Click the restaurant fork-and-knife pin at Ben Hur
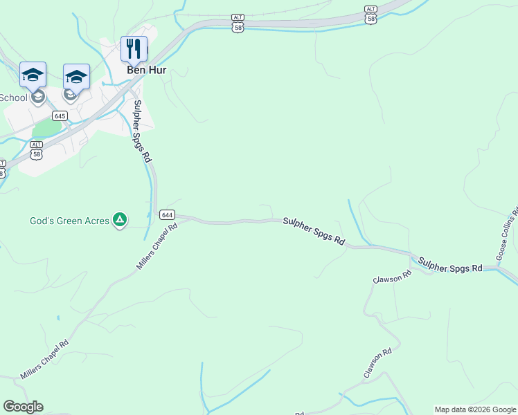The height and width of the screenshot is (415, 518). pos(134,48)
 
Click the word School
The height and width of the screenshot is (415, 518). pos(13,98)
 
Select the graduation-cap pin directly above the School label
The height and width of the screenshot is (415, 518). pos(33,74)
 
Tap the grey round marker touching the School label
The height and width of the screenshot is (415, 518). pos(38,97)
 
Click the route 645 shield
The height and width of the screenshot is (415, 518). pos(60,116)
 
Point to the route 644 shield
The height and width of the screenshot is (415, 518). pos(167,214)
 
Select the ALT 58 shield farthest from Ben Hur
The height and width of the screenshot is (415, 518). pos(372,14)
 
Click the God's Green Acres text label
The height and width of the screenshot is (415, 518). pos(69,221)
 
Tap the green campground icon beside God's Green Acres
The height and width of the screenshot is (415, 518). pos(120,221)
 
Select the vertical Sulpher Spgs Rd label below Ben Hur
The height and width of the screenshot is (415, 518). pos(142,131)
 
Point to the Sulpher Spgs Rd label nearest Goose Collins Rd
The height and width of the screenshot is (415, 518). pos(450,264)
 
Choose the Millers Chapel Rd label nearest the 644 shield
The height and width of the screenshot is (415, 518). pos(156,246)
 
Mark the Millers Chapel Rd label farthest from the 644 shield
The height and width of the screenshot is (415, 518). pos(45,360)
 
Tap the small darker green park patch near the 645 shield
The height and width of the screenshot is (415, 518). pos(46,129)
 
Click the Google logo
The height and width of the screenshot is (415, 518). pos(23,407)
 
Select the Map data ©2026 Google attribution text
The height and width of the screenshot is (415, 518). pos(475,409)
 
